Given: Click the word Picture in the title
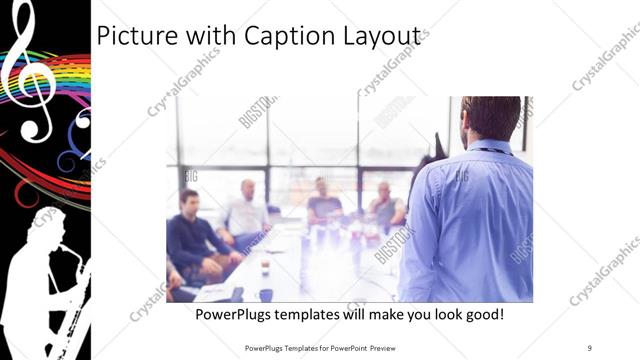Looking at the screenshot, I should [133, 37].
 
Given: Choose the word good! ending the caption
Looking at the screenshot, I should [481, 315].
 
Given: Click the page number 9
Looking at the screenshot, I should [590, 347].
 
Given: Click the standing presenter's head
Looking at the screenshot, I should [491, 118].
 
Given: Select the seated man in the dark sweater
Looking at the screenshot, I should [192, 235].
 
